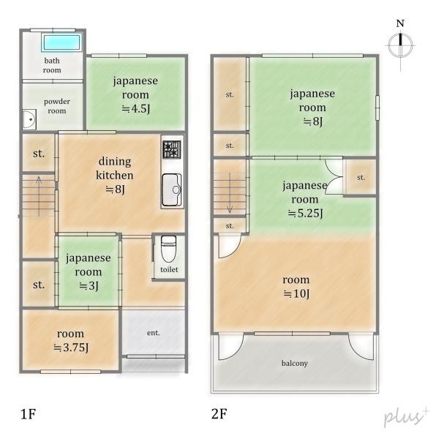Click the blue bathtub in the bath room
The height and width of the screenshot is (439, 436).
pyautogui.click(x=61, y=42)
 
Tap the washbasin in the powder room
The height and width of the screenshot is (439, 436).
pyautogui.click(x=29, y=119)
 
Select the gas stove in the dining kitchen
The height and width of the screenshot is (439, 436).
pyautogui.click(x=171, y=149)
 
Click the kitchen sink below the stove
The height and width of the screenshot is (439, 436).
pyautogui.click(x=171, y=190)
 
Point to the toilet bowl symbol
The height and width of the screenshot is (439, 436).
pyautogui.click(x=168, y=249)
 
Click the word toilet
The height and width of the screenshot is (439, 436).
pyautogui.click(x=169, y=269)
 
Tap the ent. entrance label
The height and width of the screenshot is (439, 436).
pyautogui.click(x=154, y=333)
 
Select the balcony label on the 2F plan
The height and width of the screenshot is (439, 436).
pyautogui.click(x=295, y=363)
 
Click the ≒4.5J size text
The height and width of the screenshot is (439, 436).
pyautogui.click(x=136, y=108)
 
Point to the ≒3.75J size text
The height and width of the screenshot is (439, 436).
pyautogui.click(x=71, y=348)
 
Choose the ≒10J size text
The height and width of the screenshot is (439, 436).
pyautogui.click(x=296, y=293)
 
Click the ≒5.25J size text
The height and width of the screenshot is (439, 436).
pyautogui.click(x=305, y=213)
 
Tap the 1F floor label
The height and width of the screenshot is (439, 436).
pyautogui.click(x=29, y=414)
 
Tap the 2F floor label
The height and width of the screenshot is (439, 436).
pyautogui.click(x=219, y=414)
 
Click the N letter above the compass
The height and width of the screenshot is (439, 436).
pyautogui.click(x=400, y=23)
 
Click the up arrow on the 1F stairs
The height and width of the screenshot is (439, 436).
pyautogui.click(x=39, y=196)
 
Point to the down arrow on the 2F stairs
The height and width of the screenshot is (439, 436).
pyautogui.click(x=230, y=193)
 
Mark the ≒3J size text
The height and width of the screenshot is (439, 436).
pyautogui.click(x=89, y=286)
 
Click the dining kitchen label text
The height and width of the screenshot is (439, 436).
pyautogui.click(x=115, y=168)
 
